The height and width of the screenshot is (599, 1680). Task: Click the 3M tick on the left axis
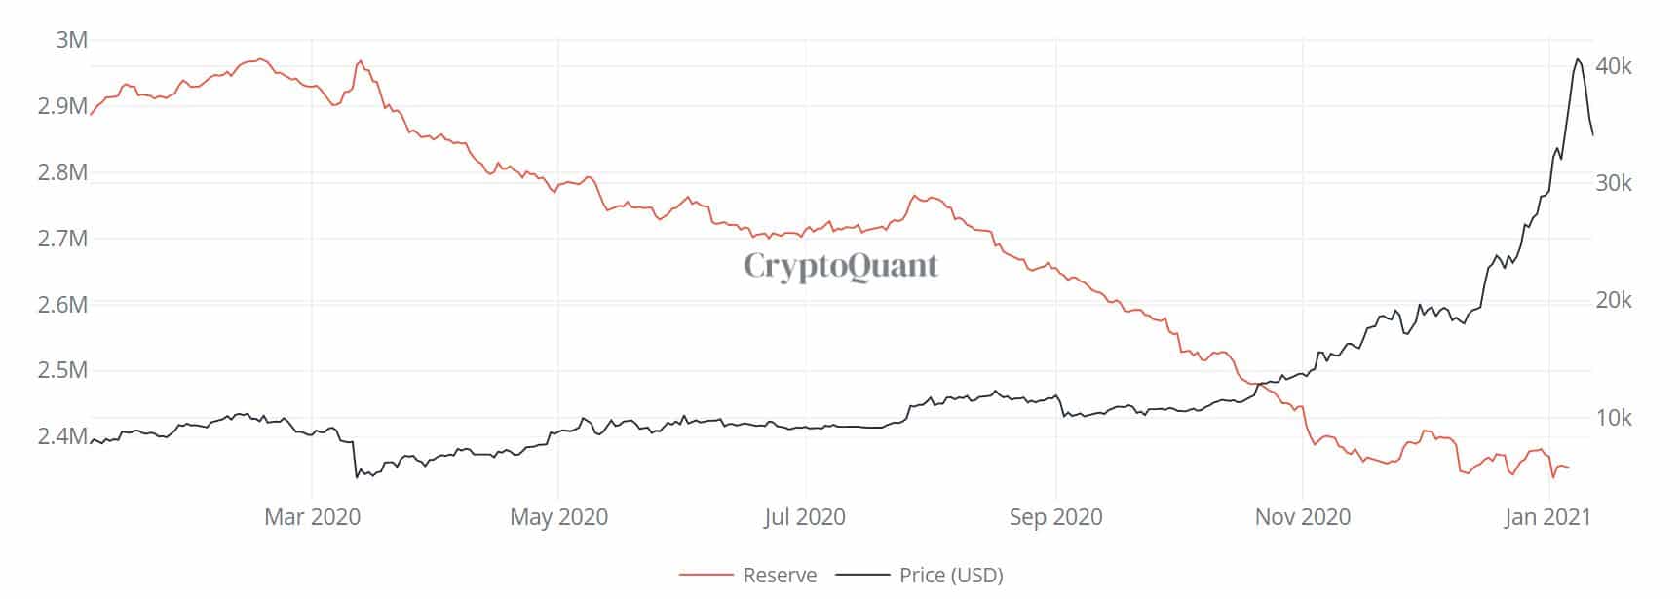[72, 40]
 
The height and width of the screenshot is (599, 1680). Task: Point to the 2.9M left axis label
[62, 106]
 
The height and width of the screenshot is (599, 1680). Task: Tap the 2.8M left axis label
[62, 172]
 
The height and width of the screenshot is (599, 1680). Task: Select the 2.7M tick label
[62, 239]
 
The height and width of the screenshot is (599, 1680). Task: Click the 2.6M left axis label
[62, 305]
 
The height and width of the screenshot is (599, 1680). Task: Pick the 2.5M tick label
[62, 370]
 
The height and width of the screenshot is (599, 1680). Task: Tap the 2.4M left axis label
[62, 436]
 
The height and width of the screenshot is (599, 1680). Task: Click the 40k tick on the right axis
[1614, 66]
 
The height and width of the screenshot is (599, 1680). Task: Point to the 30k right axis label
[1614, 183]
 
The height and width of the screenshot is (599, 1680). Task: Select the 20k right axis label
[1614, 301]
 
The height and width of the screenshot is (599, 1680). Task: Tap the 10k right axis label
[1614, 418]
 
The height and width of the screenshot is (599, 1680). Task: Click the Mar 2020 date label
[312, 517]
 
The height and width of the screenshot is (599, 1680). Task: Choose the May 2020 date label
[558, 517]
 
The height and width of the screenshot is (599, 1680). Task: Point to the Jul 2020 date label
[805, 517]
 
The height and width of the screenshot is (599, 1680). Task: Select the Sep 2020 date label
[1055, 517]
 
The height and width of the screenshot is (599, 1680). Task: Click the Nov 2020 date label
[1302, 517]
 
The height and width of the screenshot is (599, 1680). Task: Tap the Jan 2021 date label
[1546, 517]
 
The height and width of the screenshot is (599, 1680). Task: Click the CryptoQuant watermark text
[841, 265]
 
